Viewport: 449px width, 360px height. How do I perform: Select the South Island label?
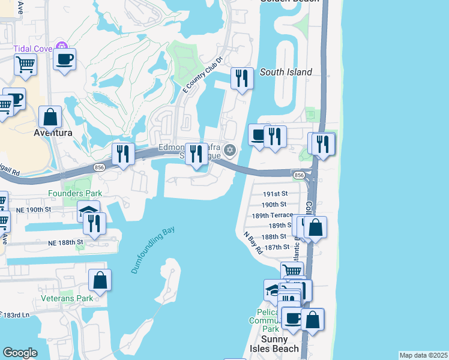coord(286,72)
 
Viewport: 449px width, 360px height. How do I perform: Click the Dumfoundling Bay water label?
coord(152,250)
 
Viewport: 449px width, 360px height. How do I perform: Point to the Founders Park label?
coord(76,193)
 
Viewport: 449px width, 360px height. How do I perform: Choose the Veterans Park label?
coord(67,298)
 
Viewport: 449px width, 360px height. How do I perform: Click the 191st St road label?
coord(277,194)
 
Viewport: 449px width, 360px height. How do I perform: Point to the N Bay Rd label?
coord(253,242)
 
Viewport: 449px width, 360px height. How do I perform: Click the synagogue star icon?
coord(229,150)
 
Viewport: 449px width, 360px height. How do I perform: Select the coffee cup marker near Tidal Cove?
coord(64,59)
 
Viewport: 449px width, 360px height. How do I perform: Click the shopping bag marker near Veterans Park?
coord(100,280)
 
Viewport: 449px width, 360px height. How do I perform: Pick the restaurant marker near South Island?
coord(241,78)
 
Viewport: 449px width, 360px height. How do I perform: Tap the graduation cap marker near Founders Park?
coord(88,210)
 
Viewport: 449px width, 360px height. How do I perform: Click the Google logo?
coord(20,353)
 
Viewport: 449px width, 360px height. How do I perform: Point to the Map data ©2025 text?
coord(423,355)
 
